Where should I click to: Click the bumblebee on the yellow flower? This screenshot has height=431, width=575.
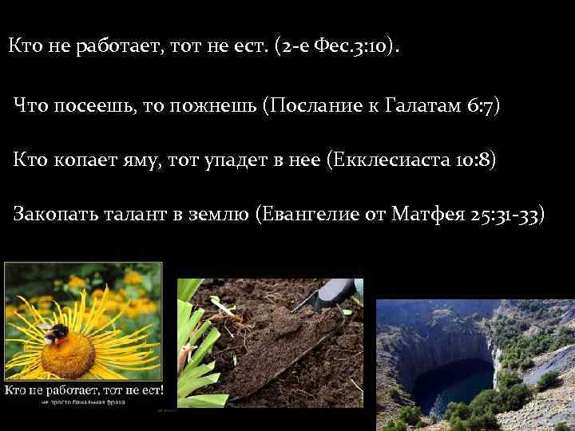click(55, 334)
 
